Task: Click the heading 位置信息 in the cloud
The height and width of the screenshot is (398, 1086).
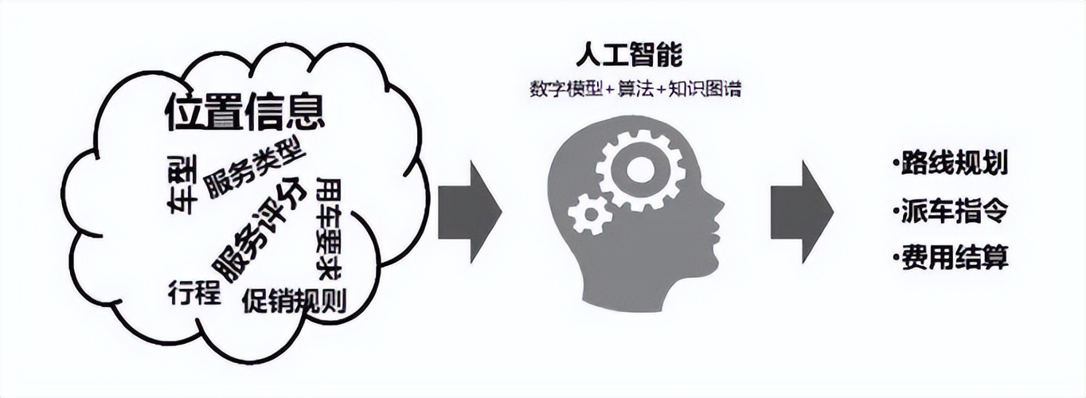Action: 245,113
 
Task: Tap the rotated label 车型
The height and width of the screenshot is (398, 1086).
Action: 182,184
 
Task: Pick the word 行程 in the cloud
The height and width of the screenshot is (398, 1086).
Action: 193,292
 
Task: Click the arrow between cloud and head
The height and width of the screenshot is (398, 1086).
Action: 470,211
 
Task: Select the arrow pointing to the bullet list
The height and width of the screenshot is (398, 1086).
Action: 801,211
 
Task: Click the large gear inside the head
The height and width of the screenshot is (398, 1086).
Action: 639,170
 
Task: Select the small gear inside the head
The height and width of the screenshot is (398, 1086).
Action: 590,213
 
